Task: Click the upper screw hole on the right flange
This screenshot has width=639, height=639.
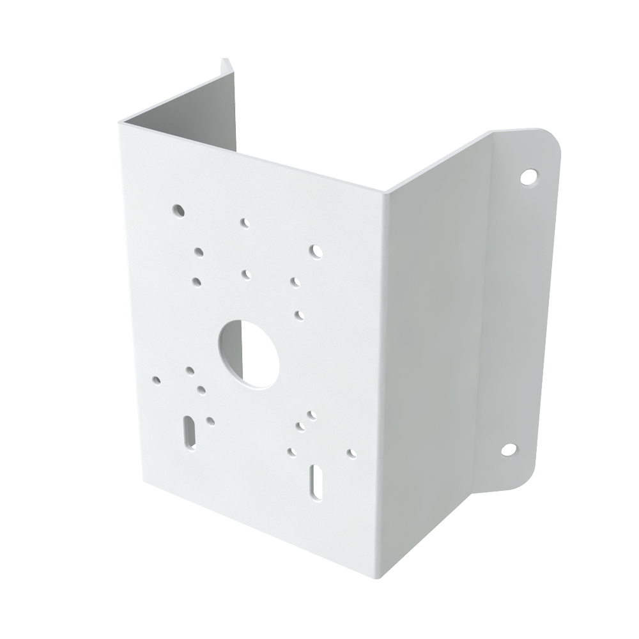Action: point(527,175)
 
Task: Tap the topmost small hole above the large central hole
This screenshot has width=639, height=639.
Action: point(244,223)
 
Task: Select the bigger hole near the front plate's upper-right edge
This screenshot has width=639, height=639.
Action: point(315,251)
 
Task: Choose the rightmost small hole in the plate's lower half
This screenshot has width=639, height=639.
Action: point(350,452)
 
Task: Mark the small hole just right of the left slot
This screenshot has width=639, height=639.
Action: point(210,420)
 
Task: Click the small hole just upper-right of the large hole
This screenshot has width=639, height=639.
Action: point(299,314)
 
